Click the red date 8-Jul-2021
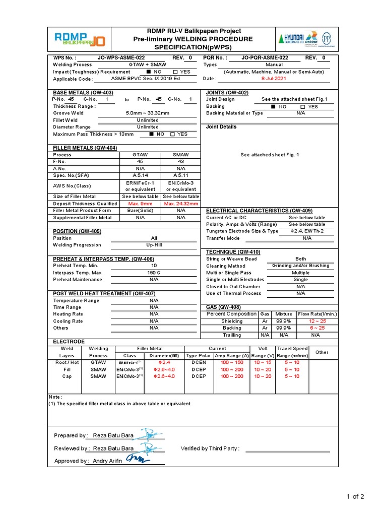[274, 79]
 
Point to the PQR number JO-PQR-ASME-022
[265, 58]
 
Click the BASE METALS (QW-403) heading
[83, 93]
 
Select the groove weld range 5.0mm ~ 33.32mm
[148, 113]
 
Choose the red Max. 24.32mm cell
[181, 204]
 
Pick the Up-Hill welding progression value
[154, 245]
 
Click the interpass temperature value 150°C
[154, 273]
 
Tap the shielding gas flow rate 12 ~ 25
[317, 321]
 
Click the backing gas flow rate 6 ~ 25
[317, 328]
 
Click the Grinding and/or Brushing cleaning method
[300, 266]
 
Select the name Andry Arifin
[105, 461]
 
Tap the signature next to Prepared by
[150, 434]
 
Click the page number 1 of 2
[355, 497]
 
